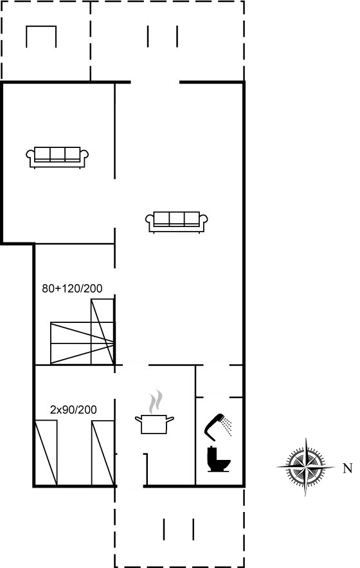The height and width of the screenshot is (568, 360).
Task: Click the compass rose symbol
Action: coord(305,466)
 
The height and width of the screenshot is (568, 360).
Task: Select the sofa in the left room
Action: coord(57,156)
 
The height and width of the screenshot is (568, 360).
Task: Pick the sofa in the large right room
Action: coord(177,220)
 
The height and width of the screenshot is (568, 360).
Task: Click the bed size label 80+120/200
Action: coord(72,289)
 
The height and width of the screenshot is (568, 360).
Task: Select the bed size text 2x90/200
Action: coord(73,408)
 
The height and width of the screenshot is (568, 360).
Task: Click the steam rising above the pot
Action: coord(154,403)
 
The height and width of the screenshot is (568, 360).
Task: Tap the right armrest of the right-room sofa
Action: coord(205,220)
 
